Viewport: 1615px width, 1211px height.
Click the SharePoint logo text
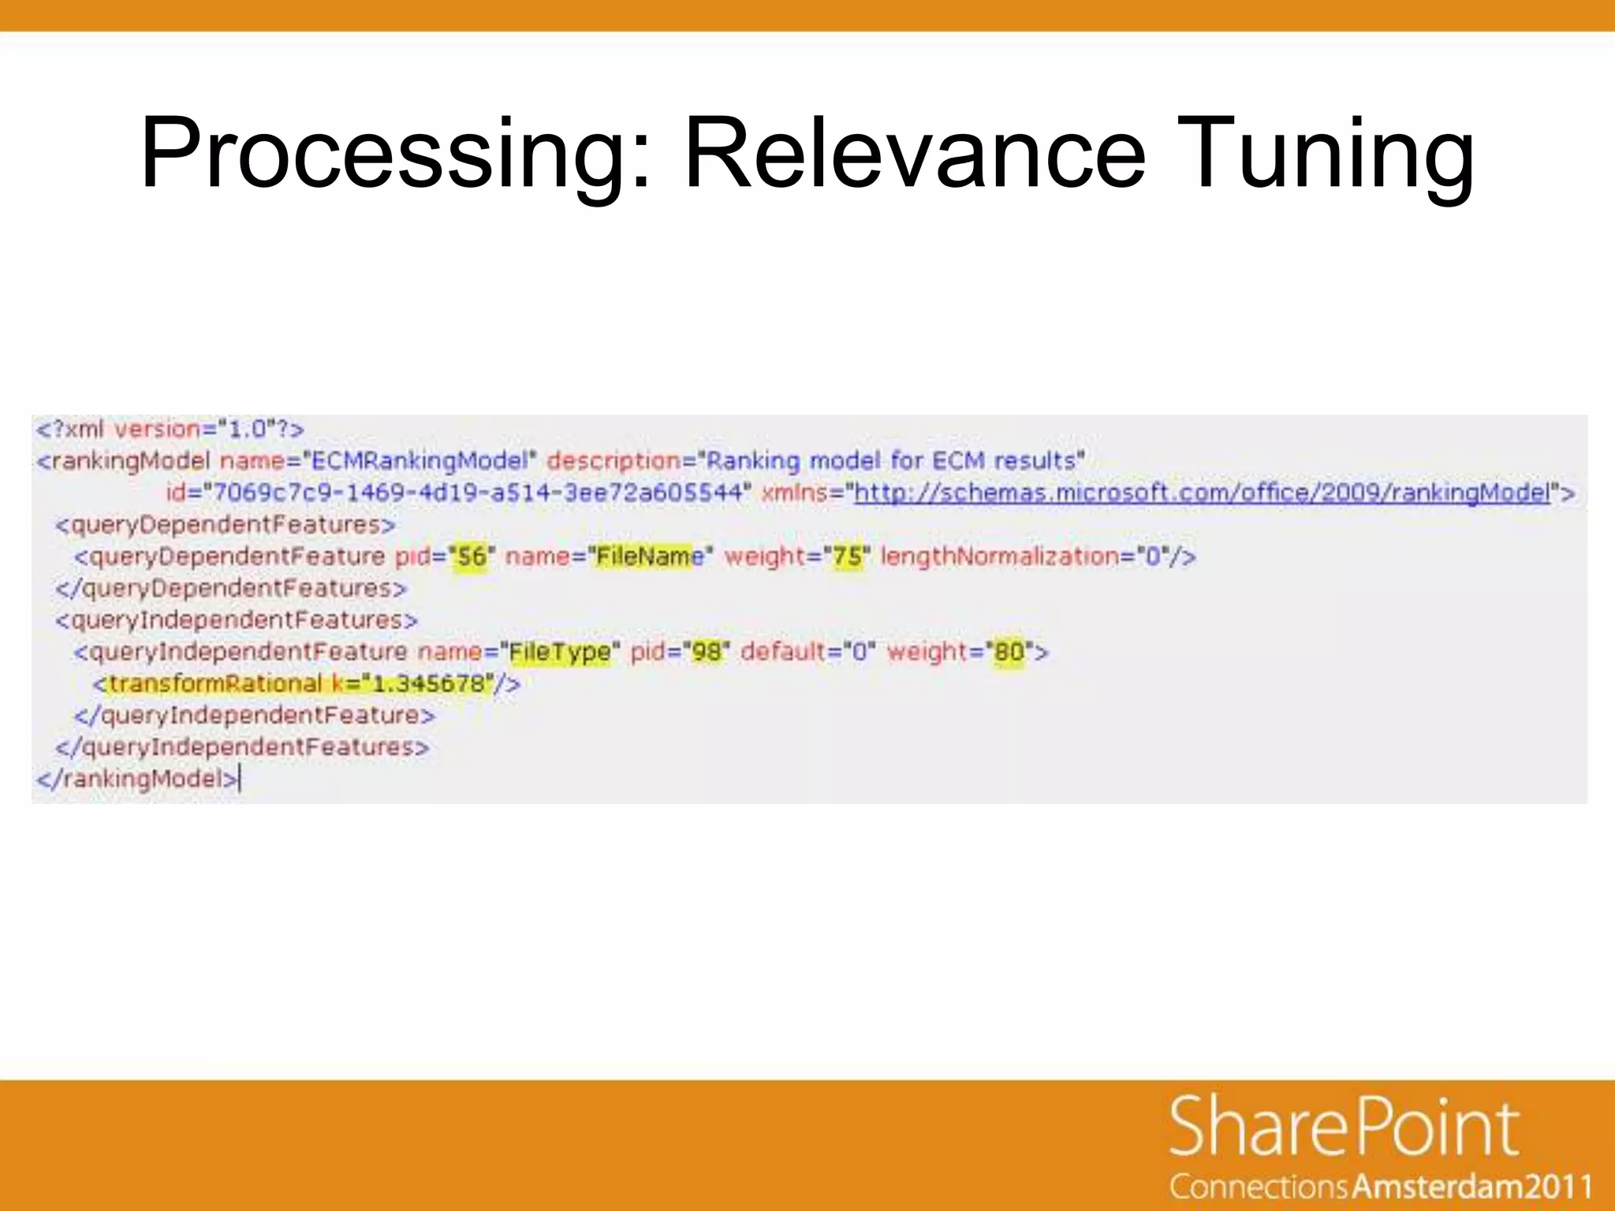click(1345, 1127)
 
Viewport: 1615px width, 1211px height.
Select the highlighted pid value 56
click(472, 557)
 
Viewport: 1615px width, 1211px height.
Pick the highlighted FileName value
click(649, 557)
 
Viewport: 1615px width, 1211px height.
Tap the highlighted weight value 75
click(848, 557)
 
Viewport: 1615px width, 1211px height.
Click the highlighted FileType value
click(559, 652)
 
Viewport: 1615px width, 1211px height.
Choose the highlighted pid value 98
click(707, 652)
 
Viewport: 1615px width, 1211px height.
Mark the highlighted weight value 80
click(1009, 652)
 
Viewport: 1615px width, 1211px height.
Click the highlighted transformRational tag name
click(214, 684)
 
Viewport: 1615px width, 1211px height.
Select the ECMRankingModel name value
click(419, 460)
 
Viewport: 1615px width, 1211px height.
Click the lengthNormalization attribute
click(999, 557)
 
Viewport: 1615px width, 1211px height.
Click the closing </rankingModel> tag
click(137, 779)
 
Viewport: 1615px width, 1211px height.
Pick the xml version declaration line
click(170, 429)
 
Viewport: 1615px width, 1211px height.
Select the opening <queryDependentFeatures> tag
click(225, 524)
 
